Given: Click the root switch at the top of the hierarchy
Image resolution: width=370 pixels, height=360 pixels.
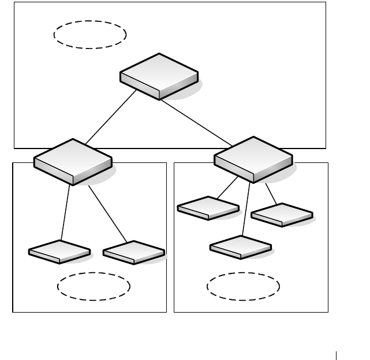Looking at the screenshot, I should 159,76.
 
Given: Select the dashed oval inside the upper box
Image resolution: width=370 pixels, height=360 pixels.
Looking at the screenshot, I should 90,34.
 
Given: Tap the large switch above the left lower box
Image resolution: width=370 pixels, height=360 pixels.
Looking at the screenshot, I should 73,161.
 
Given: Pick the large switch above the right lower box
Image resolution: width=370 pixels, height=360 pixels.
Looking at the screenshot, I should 253,159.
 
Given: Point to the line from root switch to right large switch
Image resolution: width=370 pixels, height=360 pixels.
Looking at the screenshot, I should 196,121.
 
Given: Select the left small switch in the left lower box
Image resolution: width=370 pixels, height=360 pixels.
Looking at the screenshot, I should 60,252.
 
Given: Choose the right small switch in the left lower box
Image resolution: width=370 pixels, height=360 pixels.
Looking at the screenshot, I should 134,253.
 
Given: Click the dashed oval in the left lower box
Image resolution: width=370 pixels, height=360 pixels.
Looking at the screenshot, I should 94,286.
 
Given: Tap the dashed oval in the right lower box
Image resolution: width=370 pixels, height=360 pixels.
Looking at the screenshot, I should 244,287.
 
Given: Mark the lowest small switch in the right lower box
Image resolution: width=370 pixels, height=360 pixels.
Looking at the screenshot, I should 241,247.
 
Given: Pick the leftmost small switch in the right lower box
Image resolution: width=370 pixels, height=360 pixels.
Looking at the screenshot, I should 208,208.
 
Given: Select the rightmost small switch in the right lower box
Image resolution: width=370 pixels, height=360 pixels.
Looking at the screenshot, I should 282,215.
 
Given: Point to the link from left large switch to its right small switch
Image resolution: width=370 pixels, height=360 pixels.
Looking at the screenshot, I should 107,213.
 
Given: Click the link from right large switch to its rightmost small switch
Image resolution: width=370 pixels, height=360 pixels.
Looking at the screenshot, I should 270,194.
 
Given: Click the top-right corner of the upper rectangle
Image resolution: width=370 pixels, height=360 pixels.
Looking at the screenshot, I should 326,2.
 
